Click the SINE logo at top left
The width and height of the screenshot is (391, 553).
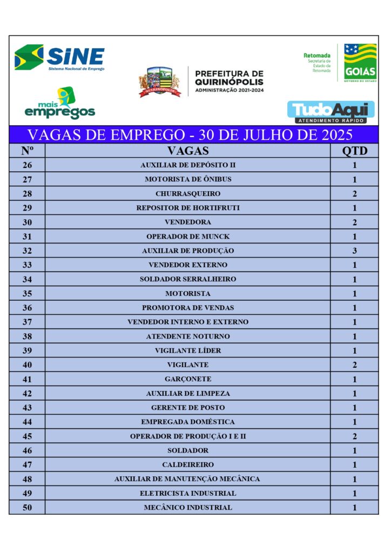click(59, 57)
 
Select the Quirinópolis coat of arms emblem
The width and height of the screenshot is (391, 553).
click(159, 82)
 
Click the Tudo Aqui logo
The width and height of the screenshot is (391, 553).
click(331, 112)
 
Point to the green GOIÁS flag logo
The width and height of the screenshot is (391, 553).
click(360, 62)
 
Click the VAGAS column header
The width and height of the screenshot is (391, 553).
click(187, 151)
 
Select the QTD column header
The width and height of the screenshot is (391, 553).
click(354, 151)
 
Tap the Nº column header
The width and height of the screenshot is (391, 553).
click(27, 151)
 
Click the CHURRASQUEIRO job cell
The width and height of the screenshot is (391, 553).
click(187, 193)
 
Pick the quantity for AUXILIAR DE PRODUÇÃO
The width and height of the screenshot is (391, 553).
click(354, 251)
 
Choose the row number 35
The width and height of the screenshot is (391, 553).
click(27, 293)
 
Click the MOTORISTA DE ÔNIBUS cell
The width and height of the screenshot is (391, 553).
click(187, 179)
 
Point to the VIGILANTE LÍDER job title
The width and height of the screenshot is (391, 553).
click(187, 350)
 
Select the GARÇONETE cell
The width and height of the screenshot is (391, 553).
click(187, 379)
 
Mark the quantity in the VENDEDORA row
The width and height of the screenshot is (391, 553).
click(354, 222)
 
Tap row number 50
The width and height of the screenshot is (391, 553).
click(27, 507)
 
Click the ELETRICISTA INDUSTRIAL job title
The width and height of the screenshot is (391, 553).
click(187, 493)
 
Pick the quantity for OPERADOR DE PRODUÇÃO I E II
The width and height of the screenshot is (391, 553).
click(354, 436)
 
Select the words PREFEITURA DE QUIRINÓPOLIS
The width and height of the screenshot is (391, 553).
click(229, 77)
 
